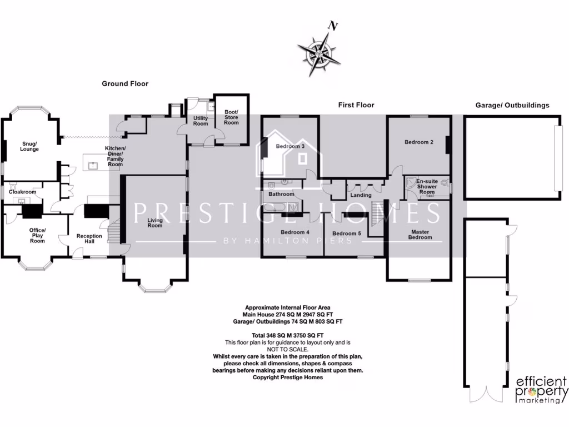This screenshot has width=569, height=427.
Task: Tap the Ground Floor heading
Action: point(125,84)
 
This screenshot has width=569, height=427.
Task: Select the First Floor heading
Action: point(356,105)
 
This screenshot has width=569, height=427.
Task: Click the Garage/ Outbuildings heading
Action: point(512,105)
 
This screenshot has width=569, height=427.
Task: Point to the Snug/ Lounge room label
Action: point(29,146)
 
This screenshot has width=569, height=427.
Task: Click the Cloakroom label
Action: point(22,192)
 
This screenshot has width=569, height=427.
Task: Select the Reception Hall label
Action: point(89,239)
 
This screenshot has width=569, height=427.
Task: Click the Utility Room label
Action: point(201,121)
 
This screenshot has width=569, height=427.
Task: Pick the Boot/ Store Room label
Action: point(231,117)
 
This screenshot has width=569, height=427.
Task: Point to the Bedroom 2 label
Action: point(418,142)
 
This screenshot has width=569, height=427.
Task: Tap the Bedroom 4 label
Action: point(295,232)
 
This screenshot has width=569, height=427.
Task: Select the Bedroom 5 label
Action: point(346,234)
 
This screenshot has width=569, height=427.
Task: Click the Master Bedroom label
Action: point(420,235)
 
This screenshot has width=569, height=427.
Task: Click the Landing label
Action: point(361,195)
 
